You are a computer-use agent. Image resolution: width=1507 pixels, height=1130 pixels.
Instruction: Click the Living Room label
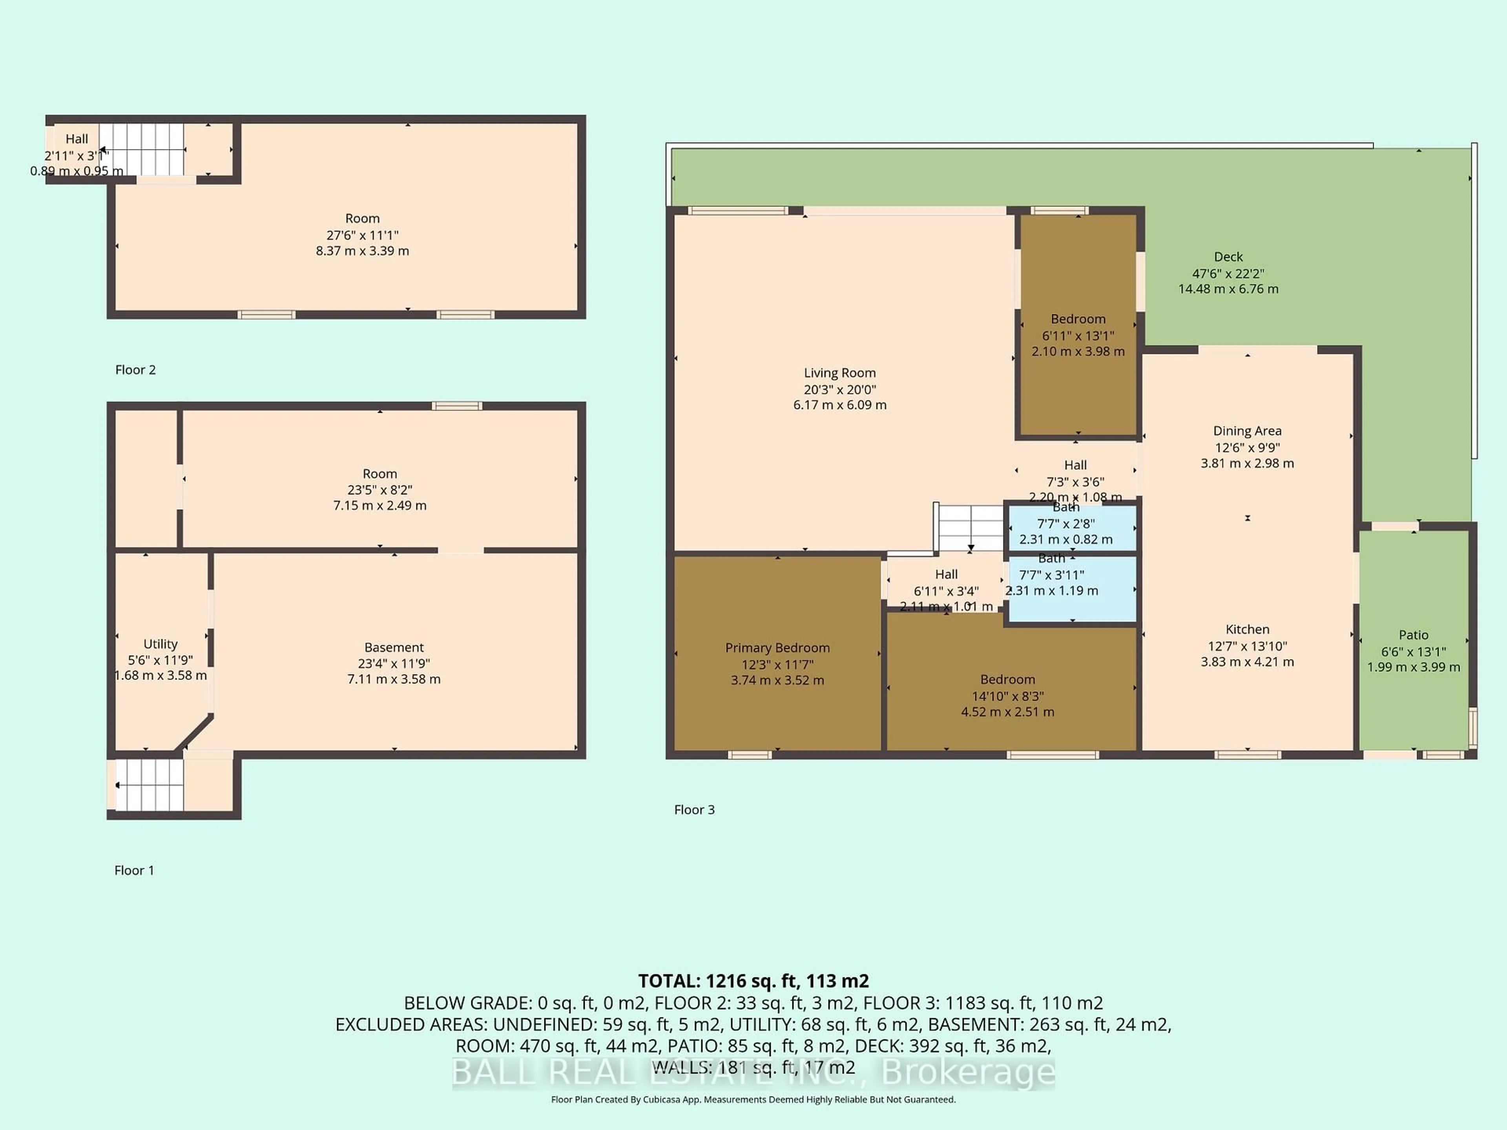click(x=839, y=373)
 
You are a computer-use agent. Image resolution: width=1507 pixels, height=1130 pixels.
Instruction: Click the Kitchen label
click(x=1247, y=629)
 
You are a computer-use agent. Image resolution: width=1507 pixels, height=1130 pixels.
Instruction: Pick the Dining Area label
click(x=1247, y=430)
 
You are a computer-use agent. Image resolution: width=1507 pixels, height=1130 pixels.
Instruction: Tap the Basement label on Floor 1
click(x=394, y=647)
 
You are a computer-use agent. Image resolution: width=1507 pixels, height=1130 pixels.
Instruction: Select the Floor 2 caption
click(x=135, y=370)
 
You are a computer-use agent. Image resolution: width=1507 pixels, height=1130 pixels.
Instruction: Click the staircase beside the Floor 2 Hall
click(x=142, y=149)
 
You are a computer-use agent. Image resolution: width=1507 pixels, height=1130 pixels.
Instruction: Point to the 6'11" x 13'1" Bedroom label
click(x=1077, y=319)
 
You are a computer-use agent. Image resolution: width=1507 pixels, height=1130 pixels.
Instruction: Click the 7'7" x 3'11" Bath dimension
click(x=1051, y=575)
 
